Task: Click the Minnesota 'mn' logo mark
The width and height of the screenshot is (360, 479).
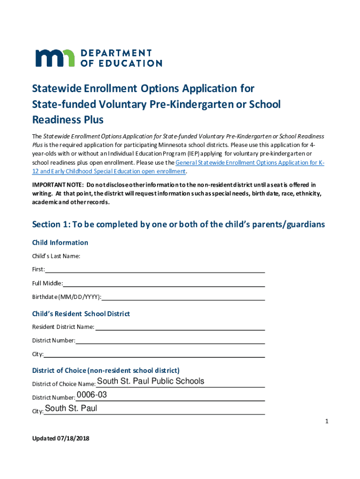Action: [54, 58]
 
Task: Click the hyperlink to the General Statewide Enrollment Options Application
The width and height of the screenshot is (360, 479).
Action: [250, 163]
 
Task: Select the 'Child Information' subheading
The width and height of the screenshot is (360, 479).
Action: [60, 242]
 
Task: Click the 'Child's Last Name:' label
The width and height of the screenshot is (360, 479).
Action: [56, 256]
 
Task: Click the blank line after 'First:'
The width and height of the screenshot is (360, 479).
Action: [155, 270]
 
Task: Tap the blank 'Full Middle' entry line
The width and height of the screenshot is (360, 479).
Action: [164, 284]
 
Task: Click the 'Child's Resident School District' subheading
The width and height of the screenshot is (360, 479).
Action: [81, 313]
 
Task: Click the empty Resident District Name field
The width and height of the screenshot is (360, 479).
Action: [180, 327]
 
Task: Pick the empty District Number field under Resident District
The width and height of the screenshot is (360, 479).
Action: [170, 341]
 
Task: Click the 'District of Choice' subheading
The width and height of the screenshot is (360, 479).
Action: [106, 370]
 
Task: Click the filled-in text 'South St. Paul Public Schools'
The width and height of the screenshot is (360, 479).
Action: [151, 381]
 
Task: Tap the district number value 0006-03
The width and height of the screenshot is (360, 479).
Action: [92, 395]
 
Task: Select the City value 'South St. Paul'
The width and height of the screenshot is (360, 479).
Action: [71, 408]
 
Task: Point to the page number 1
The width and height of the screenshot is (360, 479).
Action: [327, 422]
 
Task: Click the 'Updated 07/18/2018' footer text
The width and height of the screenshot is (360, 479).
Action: [60, 438]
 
